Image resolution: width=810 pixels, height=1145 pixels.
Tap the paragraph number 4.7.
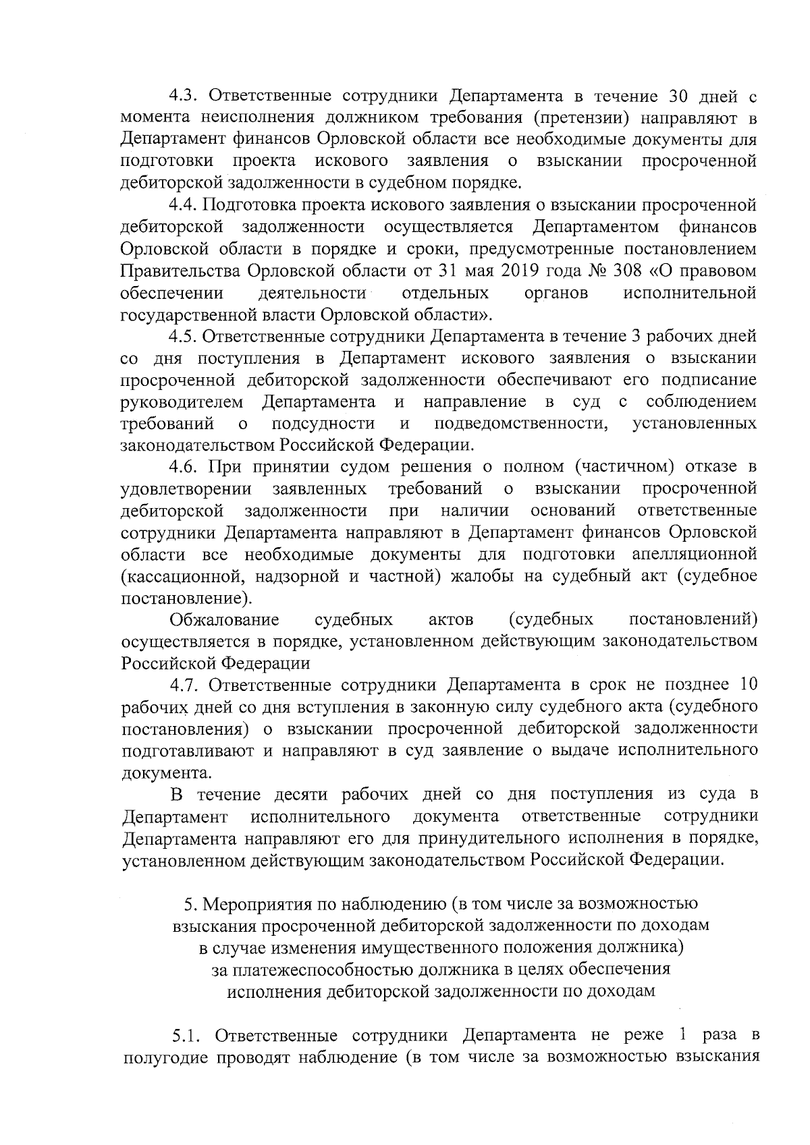click(x=184, y=685)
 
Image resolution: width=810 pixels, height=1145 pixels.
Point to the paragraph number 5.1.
click(x=185, y=1035)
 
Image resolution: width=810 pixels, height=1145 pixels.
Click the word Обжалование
click(x=225, y=619)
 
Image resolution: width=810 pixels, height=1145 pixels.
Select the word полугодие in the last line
click(x=165, y=1057)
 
